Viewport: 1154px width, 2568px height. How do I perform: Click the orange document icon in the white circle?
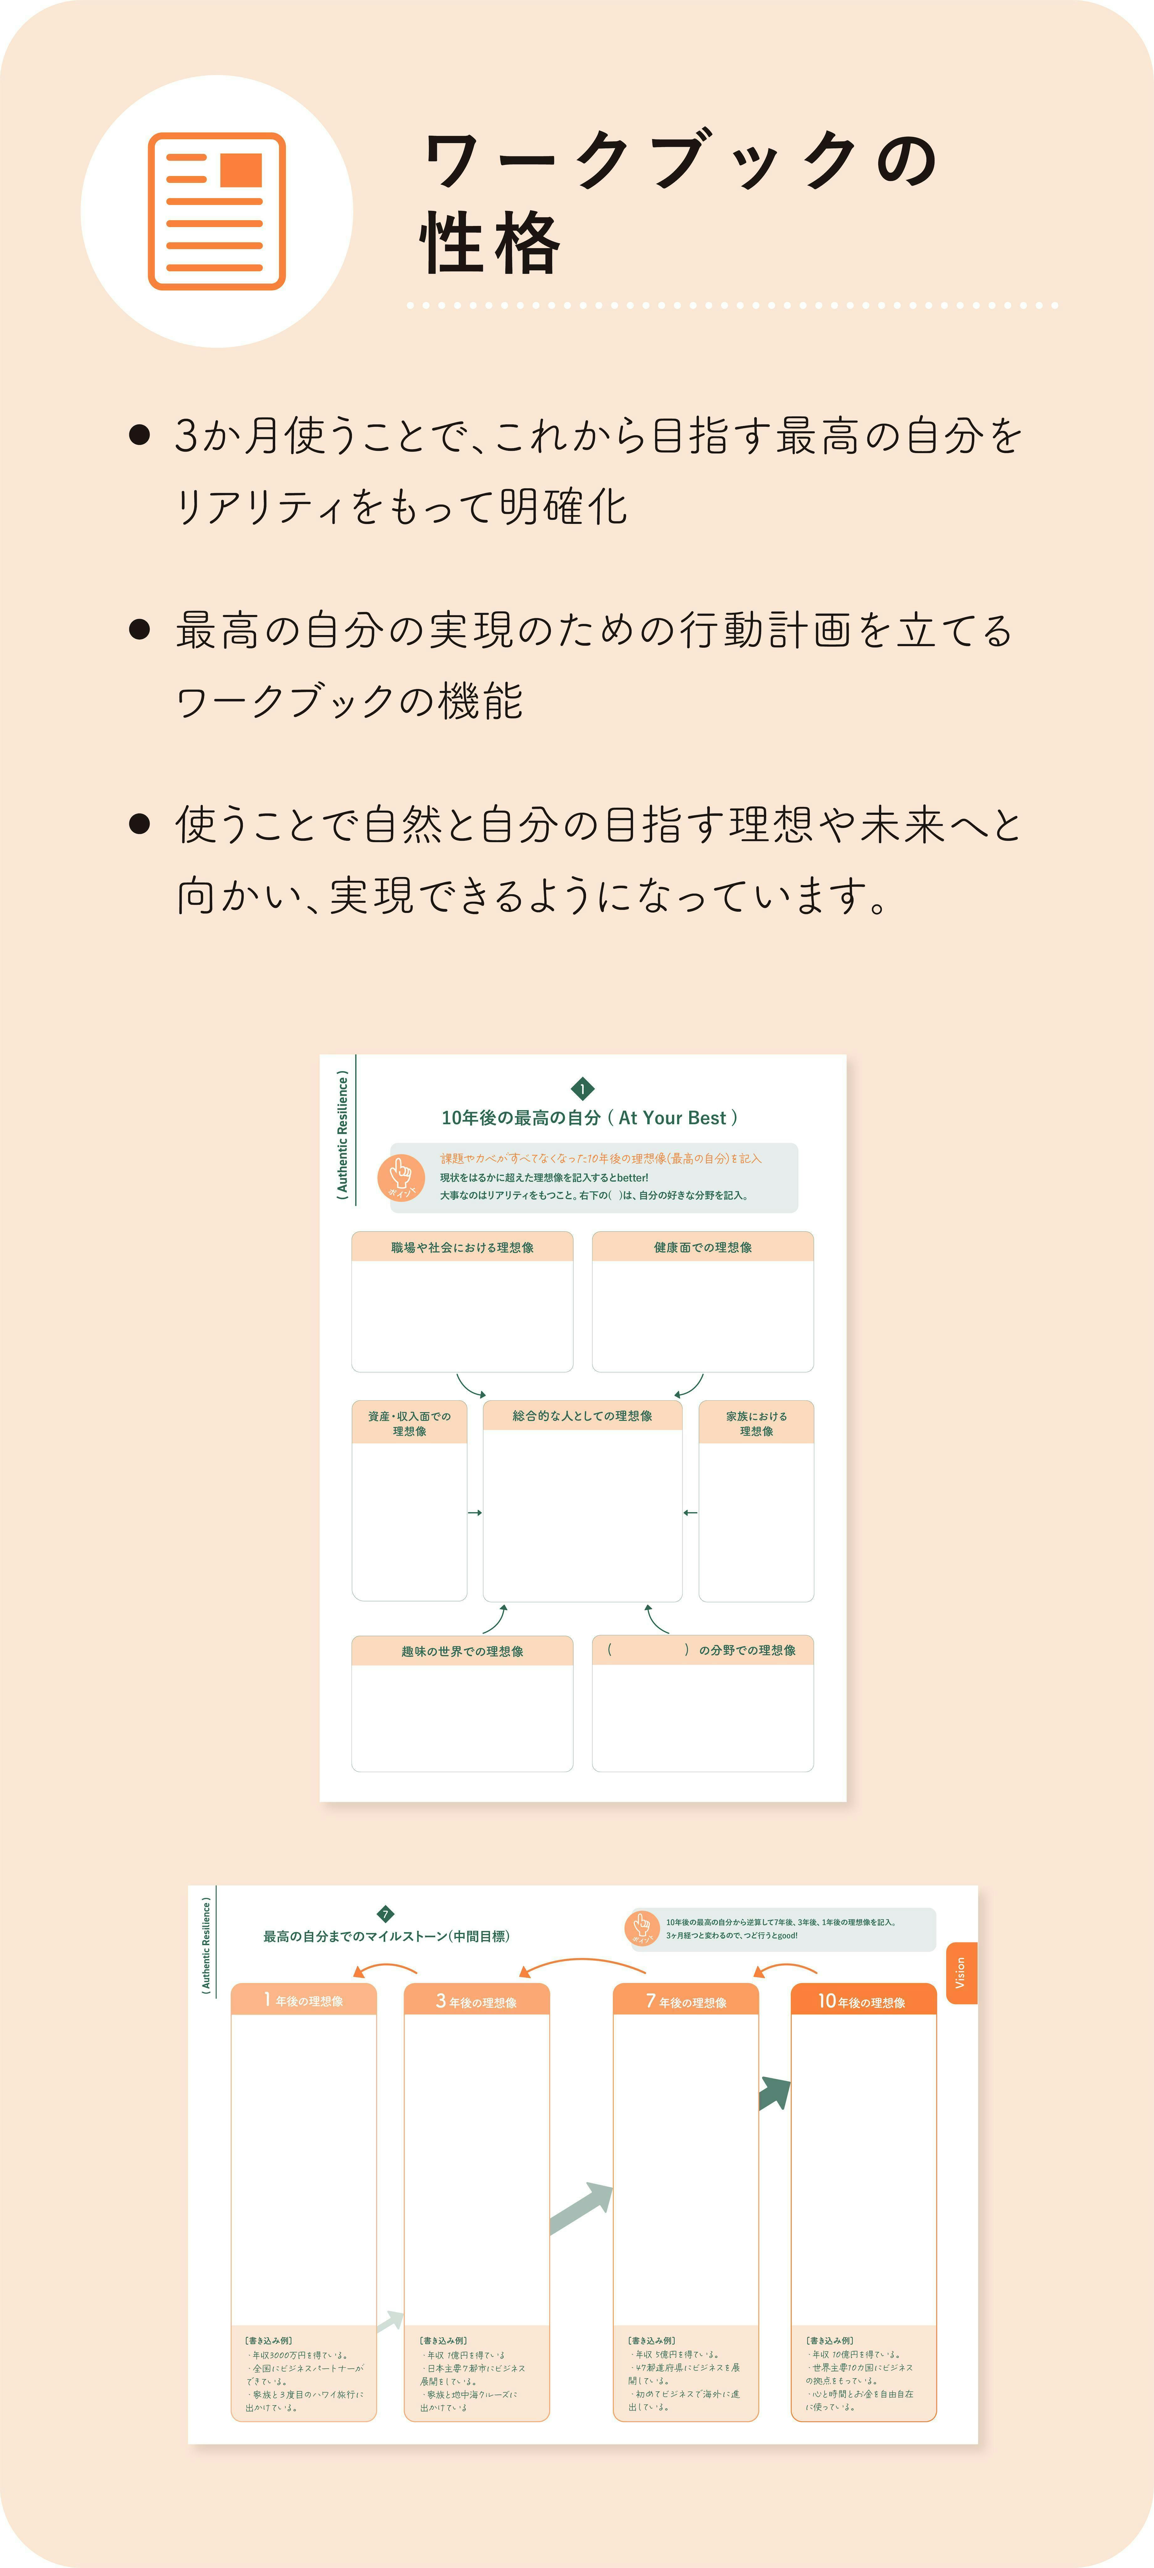[216, 211]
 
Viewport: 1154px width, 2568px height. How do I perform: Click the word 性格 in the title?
[490, 243]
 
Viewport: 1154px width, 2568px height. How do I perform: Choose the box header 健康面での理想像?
[702, 1247]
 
